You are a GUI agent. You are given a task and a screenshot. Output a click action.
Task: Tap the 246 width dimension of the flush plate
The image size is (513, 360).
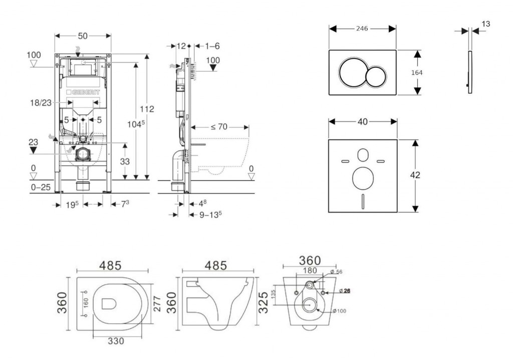[x=362, y=28]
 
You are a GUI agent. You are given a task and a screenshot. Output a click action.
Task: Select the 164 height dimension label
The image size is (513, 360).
[x=417, y=72]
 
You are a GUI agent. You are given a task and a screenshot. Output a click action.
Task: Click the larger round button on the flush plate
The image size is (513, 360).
[x=353, y=73]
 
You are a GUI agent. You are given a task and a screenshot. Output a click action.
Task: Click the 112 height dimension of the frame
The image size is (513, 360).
[x=147, y=109]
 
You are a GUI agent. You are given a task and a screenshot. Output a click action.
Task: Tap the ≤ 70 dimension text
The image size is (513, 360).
[x=220, y=127]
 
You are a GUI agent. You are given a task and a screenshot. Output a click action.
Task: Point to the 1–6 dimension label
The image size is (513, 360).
[x=212, y=46]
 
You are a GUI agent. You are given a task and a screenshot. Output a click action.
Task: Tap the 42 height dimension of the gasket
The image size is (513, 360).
[x=415, y=175]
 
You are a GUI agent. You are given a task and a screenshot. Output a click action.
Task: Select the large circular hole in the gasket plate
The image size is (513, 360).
[x=363, y=179]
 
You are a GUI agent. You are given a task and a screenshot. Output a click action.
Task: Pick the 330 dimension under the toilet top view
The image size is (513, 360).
[x=116, y=341]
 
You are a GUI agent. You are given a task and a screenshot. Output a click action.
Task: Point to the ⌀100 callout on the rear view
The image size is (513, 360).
[x=340, y=311]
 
